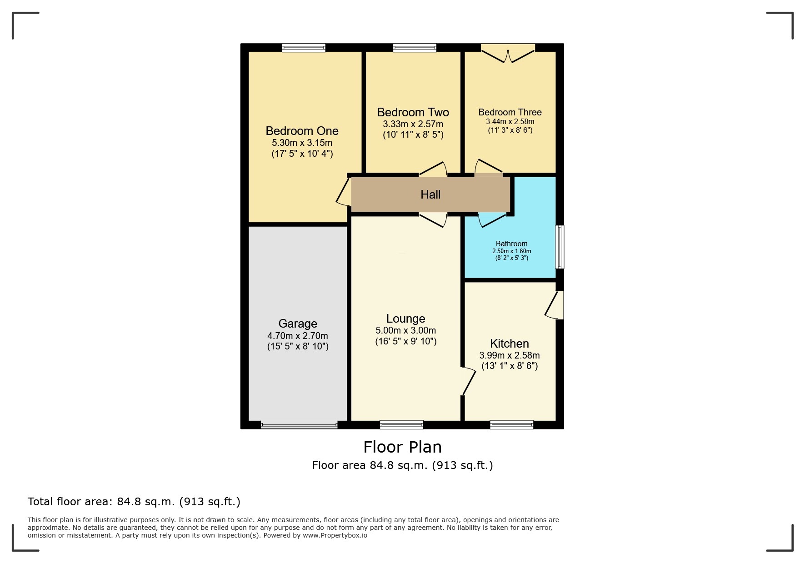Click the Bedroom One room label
(x=302, y=131)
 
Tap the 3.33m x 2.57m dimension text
(x=413, y=124)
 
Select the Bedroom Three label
(x=510, y=112)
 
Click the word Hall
(x=430, y=194)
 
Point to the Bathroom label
(x=511, y=244)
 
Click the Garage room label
(x=298, y=324)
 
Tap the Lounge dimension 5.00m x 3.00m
(x=405, y=330)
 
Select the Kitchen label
(x=509, y=344)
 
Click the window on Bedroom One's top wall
(x=304, y=48)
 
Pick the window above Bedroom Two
(x=415, y=48)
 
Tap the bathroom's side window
(x=560, y=247)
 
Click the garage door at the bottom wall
(x=299, y=425)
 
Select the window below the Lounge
(x=401, y=425)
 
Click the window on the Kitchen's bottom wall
(x=511, y=425)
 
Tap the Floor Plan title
(x=402, y=447)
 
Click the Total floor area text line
(x=134, y=502)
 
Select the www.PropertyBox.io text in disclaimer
(x=335, y=535)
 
